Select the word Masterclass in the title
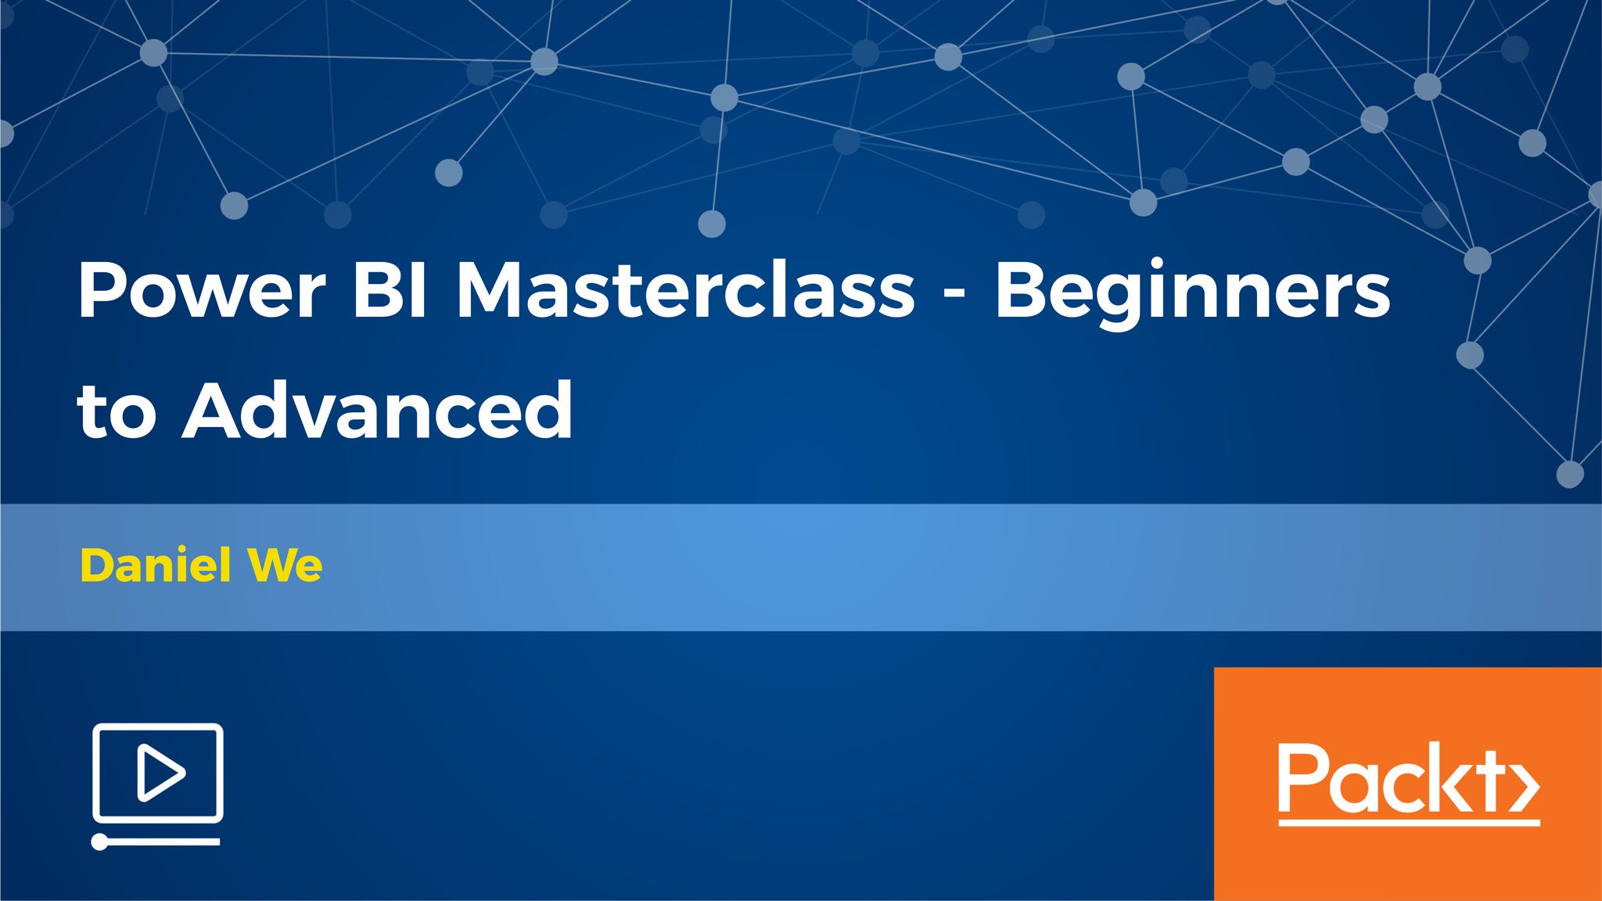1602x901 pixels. coord(685,290)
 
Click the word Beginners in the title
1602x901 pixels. coord(1192,297)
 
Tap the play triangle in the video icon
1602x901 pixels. coord(160,773)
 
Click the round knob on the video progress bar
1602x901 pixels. coord(99,842)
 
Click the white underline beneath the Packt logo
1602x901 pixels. coord(1409,822)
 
